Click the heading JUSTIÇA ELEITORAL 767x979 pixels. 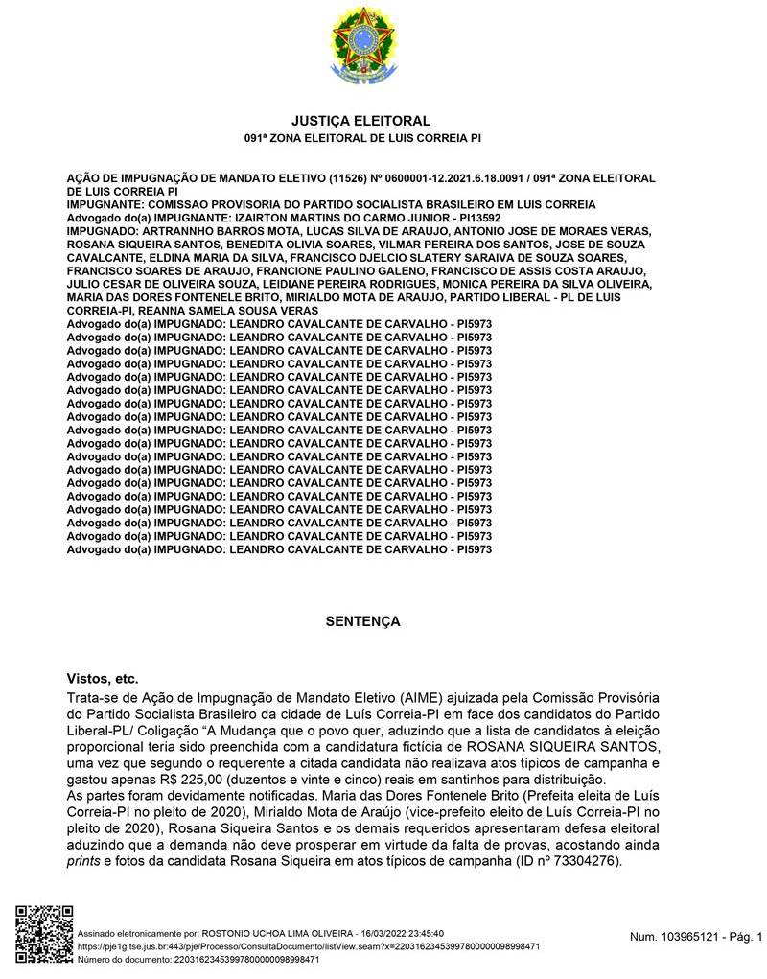coord(360,121)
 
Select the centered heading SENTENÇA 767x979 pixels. coord(362,621)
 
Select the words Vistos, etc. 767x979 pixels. coord(103,678)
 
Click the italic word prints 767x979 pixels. coord(84,861)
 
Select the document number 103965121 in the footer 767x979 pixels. coord(685,936)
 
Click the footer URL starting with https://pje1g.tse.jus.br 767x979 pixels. coord(307,945)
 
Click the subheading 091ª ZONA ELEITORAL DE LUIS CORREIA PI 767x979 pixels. coord(360,139)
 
